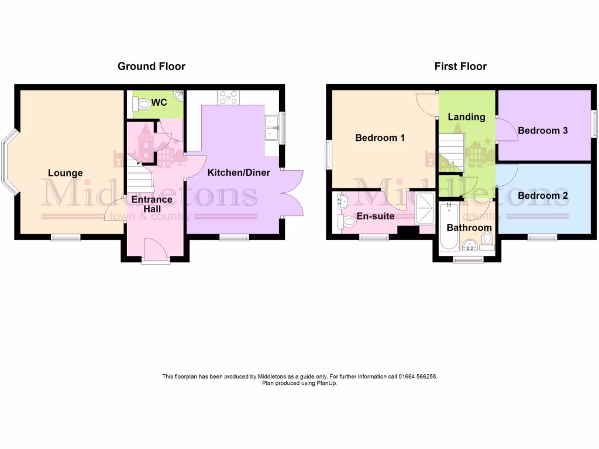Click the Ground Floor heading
(152, 66)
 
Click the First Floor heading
(460, 66)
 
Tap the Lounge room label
(65, 173)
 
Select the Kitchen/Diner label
(239, 172)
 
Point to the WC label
(159, 102)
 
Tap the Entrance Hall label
(151, 204)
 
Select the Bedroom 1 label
(380, 138)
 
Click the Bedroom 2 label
(543, 196)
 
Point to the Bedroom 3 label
(543, 130)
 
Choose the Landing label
(466, 117)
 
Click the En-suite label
(375, 216)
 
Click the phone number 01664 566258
(416, 377)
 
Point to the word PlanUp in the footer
(327, 384)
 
